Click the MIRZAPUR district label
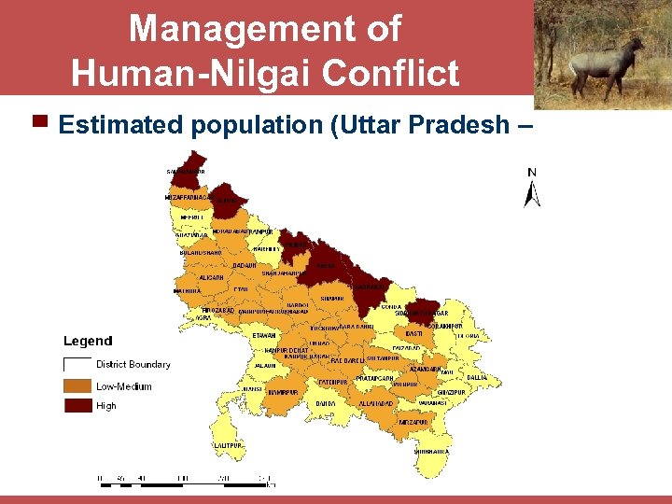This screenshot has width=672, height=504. tap(413, 422)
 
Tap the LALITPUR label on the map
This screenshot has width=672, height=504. tap(228, 446)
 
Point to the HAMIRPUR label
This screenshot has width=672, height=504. tap(282, 393)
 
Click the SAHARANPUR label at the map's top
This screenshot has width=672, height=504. tap(186, 172)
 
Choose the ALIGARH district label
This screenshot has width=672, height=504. tap(211, 277)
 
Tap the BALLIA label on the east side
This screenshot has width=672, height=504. tap(477, 377)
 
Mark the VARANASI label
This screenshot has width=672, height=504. tap(432, 403)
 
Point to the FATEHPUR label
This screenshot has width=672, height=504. tap(332, 382)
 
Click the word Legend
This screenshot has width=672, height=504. tap(88, 342)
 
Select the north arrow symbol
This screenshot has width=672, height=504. tap(533, 192)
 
